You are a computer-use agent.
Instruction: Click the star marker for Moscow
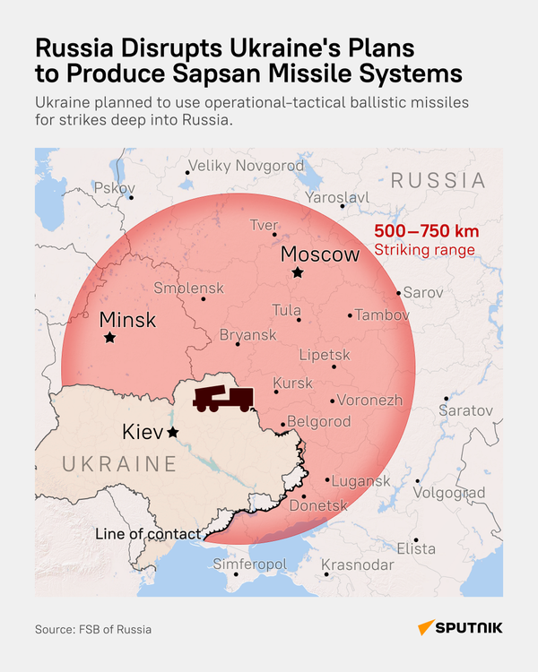click(297, 272)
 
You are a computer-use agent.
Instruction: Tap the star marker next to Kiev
click(172, 433)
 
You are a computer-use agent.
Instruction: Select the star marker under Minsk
click(109, 338)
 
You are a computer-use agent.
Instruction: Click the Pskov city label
click(113, 188)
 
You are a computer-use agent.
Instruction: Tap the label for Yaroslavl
click(337, 197)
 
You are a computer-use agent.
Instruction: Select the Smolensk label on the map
click(188, 289)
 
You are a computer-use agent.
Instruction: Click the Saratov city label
click(465, 409)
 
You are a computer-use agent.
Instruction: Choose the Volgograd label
click(449, 493)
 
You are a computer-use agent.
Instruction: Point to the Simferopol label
click(249, 564)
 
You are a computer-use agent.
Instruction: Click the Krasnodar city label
click(357, 564)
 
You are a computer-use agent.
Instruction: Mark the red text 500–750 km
click(426, 232)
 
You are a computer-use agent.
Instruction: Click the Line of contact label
click(148, 535)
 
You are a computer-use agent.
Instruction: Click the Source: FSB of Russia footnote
click(93, 629)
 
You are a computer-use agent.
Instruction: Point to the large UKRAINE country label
click(119, 464)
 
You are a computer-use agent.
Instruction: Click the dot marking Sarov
click(399, 293)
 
